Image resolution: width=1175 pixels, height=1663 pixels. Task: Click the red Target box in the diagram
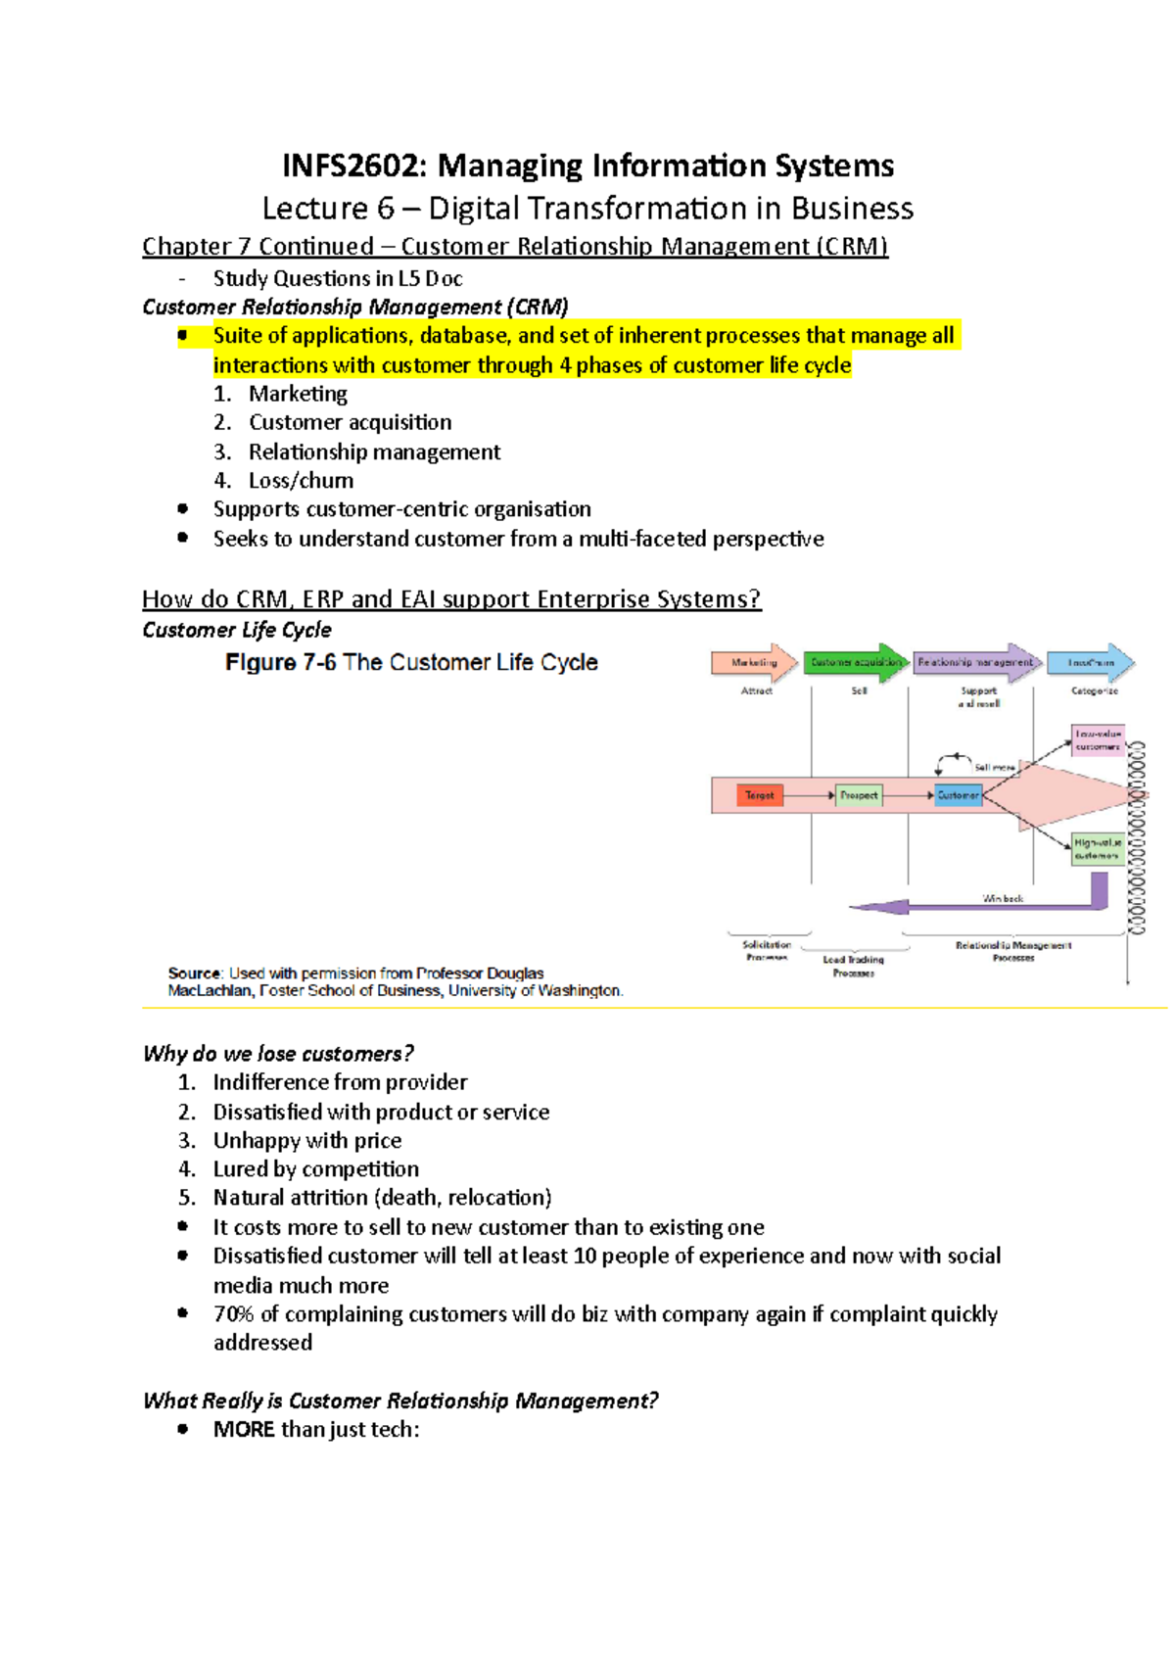tap(759, 795)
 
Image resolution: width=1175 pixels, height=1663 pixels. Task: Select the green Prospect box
tap(859, 795)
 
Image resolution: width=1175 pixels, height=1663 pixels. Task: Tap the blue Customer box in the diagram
tap(958, 795)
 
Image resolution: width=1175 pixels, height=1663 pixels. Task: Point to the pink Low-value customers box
tap(1098, 739)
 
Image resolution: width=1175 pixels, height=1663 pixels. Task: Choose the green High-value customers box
tap(1098, 848)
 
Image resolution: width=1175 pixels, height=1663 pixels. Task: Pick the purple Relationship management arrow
tap(975, 663)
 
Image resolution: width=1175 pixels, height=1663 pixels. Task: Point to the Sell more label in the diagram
tap(994, 768)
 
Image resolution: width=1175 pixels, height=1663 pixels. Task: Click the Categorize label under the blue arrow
tap(1094, 691)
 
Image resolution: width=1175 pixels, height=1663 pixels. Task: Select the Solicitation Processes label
tap(767, 951)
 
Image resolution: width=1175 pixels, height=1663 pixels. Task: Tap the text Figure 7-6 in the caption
tap(280, 663)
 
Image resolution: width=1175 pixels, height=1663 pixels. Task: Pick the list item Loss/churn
tap(301, 481)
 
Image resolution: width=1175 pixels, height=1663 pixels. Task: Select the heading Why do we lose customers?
tap(278, 1054)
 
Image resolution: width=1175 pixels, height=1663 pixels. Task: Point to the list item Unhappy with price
tap(307, 1141)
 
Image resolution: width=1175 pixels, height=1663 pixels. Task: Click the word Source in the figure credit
tap(194, 974)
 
